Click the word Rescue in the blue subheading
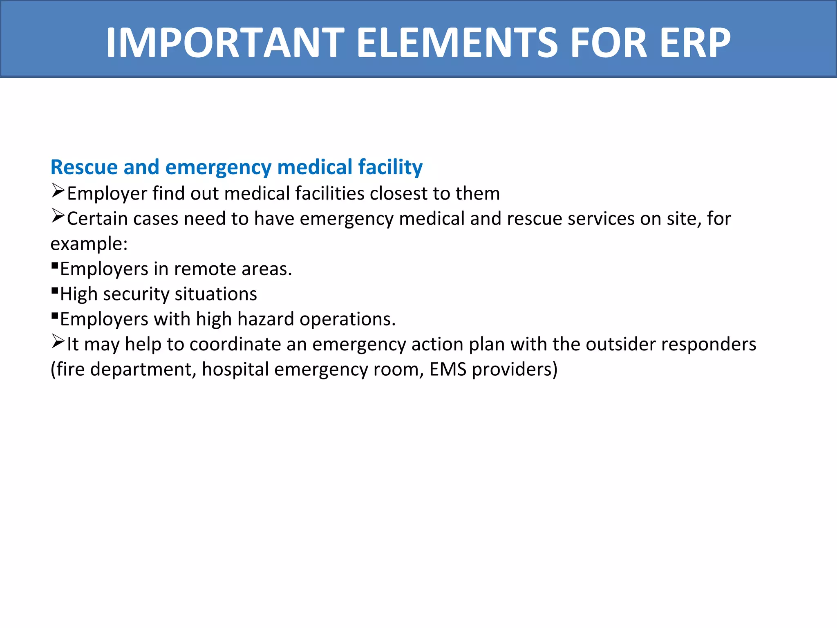click(84, 167)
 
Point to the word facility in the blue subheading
click(390, 167)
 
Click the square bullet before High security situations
click(55, 291)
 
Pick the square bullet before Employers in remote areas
click(55, 265)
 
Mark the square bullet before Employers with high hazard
click(55, 316)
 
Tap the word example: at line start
click(89, 244)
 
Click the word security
click(136, 294)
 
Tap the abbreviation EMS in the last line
click(448, 370)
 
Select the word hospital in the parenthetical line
click(235, 370)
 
